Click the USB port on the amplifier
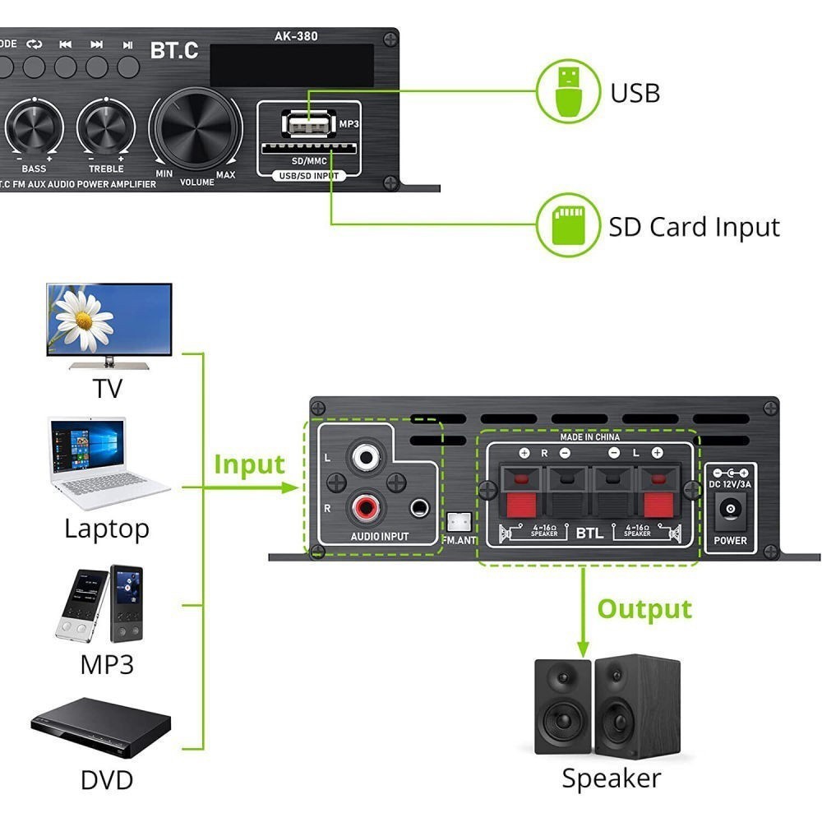pyautogui.click(x=309, y=124)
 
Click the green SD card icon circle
pyautogui.click(x=567, y=225)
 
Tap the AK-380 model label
pyautogui.click(x=296, y=36)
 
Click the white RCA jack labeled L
pyautogui.click(x=363, y=455)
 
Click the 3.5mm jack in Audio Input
pyautogui.click(x=420, y=508)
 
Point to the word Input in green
pyautogui.click(x=248, y=464)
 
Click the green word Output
pyautogui.click(x=644, y=609)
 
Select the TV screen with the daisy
pyautogui.click(x=109, y=319)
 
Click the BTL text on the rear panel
pyautogui.click(x=589, y=533)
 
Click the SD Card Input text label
pyautogui.click(x=694, y=227)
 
